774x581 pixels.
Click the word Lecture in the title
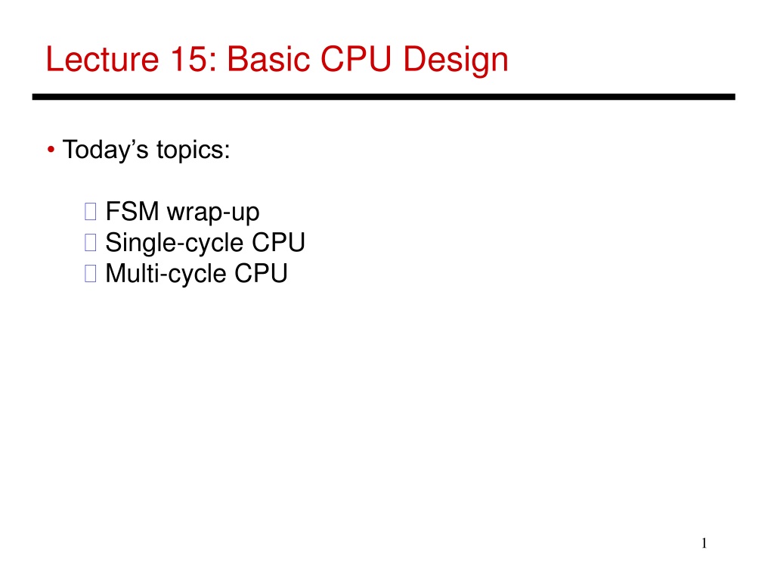click(x=102, y=59)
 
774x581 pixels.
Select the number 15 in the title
click(x=189, y=59)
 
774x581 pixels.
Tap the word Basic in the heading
click(x=268, y=59)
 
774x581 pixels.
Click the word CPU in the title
click(x=355, y=59)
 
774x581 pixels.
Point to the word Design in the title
click(x=456, y=61)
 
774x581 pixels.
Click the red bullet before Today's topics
click(x=51, y=150)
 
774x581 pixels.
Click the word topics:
click(x=193, y=151)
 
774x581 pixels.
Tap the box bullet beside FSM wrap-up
click(x=91, y=212)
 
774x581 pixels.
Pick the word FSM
click(x=132, y=212)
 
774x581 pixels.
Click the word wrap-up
click(x=212, y=213)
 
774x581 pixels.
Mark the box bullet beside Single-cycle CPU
click(x=91, y=243)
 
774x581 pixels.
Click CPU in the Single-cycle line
click(x=278, y=243)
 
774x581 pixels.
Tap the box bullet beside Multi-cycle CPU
click(x=91, y=273)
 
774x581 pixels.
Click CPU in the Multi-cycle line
click(x=261, y=274)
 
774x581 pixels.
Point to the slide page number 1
click(x=704, y=543)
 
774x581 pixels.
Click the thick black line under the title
click(x=383, y=97)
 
